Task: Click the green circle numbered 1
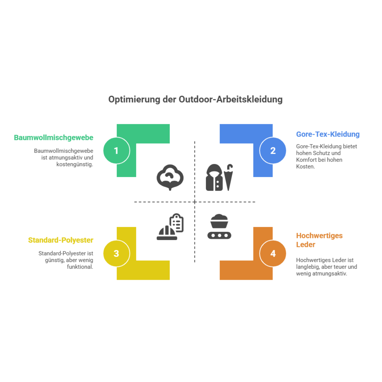(117, 151)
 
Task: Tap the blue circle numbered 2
(273, 151)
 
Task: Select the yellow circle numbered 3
(117, 253)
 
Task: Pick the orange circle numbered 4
(273, 253)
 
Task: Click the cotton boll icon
(170, 177)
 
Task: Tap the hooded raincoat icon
(214, 177)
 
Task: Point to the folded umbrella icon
(228, 177)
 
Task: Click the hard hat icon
(167, 233)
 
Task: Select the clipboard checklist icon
(176, 223)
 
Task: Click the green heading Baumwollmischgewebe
(53, 138)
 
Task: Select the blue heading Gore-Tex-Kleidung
(328, 134)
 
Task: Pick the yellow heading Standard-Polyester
(61, 240)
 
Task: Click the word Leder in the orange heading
(306, 244)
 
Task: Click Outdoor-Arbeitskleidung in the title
(230, 99)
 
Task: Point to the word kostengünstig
(75, 164)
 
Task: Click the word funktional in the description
(80, 267)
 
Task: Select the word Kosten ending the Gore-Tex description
(306, 166)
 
